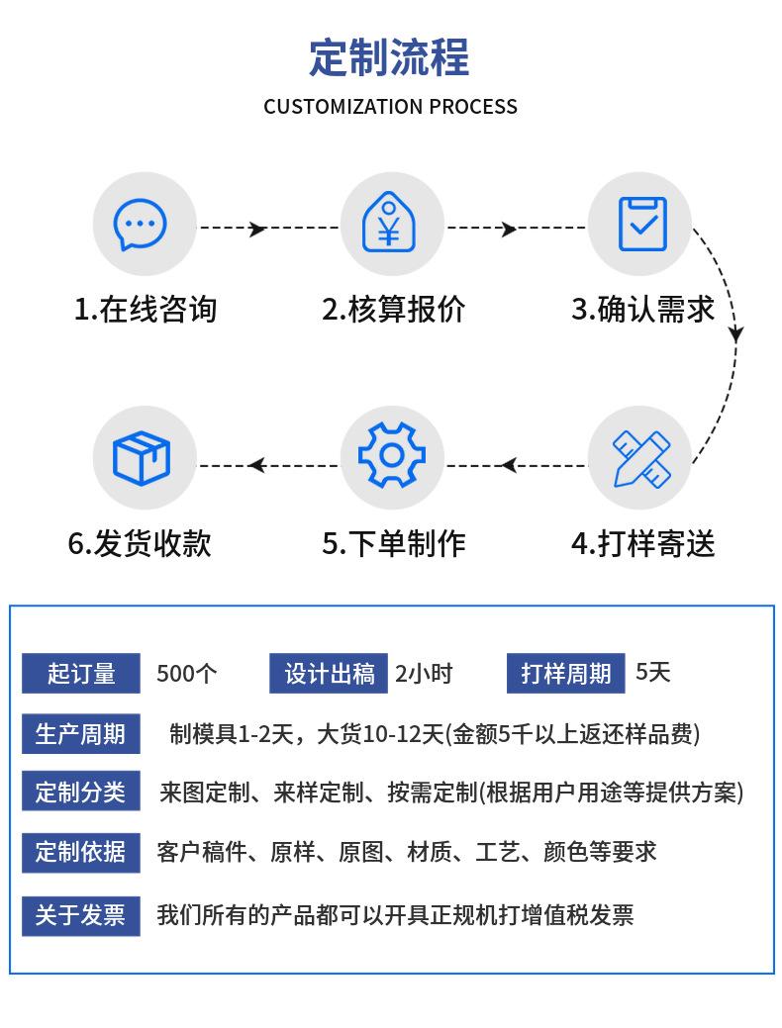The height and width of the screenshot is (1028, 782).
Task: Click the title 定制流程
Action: pos(390,57)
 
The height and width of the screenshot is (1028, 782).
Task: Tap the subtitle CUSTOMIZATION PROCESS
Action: pos(390,107)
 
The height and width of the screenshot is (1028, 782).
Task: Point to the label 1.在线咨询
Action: pos(145,309)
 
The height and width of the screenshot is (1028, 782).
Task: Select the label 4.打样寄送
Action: pos(642,543)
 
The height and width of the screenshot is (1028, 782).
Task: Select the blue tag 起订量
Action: pos(81,674)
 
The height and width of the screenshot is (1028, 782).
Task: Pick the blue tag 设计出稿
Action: pos(329,674)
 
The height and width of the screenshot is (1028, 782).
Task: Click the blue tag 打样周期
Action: pos(565,674)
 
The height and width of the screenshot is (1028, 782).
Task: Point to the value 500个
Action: pos(186,674)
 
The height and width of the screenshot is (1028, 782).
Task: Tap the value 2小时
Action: pos(423,674)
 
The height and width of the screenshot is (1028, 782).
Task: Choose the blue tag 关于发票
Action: pos(81,915)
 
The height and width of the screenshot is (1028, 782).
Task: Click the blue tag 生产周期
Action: pos(81,734)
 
